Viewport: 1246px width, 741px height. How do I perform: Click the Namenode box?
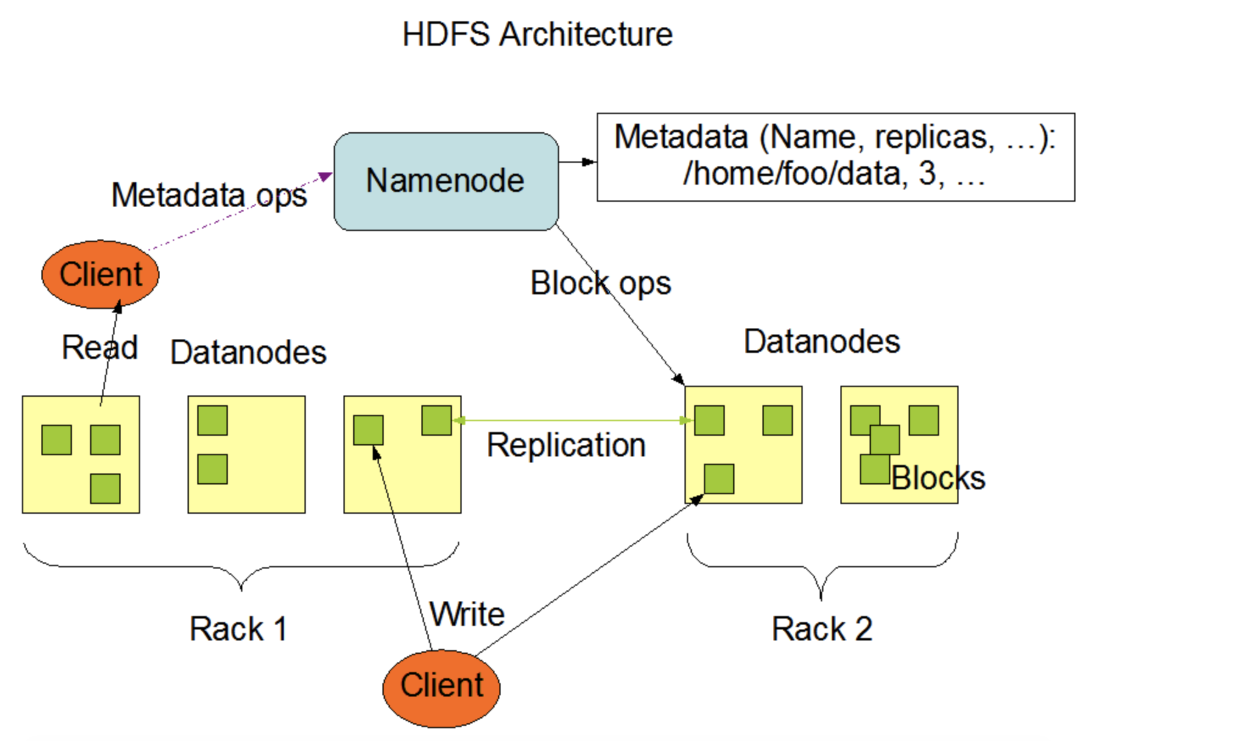click(446, 181)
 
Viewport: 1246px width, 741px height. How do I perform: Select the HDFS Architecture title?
click(537, 34)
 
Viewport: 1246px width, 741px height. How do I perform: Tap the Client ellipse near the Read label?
click(100, 274)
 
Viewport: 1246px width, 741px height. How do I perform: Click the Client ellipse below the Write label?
click(442, 688)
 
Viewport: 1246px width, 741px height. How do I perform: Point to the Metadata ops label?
click(209, 196)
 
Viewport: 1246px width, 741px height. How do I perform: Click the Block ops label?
click(600, 283)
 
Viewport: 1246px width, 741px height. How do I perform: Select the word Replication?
click(566, 445)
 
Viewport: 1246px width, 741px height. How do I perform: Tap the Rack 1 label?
click(238, 629)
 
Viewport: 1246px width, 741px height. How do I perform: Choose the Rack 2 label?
click(822, 629)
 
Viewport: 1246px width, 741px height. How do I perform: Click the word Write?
click(467, 614)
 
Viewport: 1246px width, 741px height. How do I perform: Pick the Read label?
click(100, 347)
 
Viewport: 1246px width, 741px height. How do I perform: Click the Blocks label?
click(938, 478)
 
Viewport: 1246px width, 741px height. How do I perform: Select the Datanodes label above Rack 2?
click(822, 341)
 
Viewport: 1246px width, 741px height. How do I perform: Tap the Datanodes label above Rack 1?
click(248, 352)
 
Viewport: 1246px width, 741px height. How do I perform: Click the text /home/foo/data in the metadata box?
click(792, 174)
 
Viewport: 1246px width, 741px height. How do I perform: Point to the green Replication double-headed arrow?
click(573, 420)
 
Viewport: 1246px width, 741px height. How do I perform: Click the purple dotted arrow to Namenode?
click(240, 211)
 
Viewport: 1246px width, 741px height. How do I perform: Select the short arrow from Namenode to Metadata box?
click(577, 162)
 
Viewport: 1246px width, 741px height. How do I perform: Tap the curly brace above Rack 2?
click(822, 567)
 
